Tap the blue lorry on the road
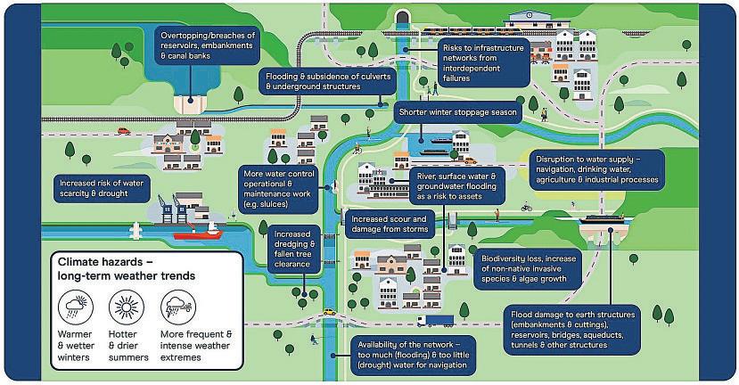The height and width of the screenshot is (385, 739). tap(434, 320)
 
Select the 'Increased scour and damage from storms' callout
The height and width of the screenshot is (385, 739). tap(390, 224)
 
